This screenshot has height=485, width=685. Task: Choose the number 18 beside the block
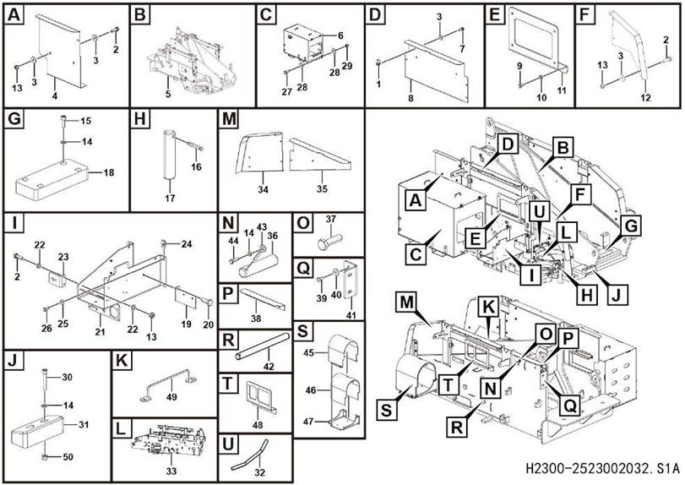[x=109, y=172]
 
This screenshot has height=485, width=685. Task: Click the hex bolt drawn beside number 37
[x=324, y=243]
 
